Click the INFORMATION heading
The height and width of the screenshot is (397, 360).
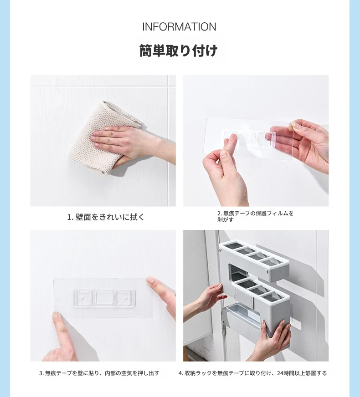(179, 27)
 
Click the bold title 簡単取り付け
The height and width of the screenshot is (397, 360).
(179, 51)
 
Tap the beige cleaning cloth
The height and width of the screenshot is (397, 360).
(101, 138)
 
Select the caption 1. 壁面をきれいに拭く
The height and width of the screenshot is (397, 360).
(106, 217)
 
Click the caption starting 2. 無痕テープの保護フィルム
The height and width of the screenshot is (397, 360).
(255, 216)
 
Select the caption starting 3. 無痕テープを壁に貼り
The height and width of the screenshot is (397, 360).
(99, 373)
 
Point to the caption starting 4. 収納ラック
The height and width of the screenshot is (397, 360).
(252, 373)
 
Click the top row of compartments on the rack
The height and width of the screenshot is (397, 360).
(253, 253)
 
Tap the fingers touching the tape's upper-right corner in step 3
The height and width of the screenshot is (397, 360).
(162, 294)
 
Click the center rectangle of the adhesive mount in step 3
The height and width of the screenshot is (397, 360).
(103, 298)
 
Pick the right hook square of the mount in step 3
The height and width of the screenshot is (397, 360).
(124, 298)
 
